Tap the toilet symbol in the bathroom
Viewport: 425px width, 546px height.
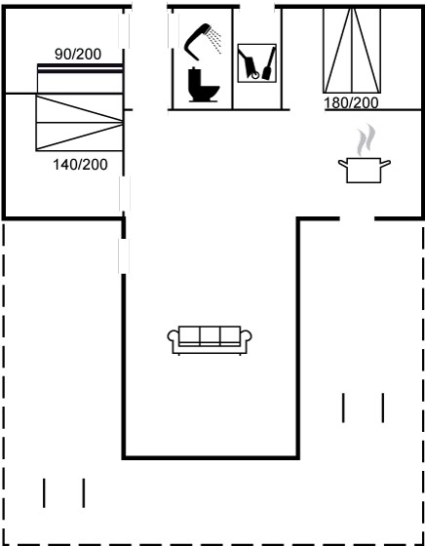[x=204, y=84]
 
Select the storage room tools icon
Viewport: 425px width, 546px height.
[x=257, y=63]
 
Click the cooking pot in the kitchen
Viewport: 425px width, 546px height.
[x=365, y=170]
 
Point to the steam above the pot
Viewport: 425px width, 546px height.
[x=366, y=139]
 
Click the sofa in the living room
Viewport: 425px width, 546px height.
[x=210, y=340]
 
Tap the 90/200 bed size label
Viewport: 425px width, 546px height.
[x=78, y=54]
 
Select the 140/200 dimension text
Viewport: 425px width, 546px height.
[x=80, y=165]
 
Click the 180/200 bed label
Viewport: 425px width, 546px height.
[x=351, y=103]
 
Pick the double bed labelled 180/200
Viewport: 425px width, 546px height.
[x=352, y=51]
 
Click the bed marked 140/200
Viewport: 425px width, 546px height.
[x=79, y=123]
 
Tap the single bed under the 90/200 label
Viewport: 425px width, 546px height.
[x=80, y=79]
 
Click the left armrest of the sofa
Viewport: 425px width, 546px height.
[x=173, y=336]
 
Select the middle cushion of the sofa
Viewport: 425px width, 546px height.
[x=210, y=335]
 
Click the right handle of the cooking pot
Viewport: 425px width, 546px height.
[x=385, y=163]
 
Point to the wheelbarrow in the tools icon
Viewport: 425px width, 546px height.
[x=249, y=64]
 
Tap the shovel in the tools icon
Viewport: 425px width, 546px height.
[x=269, y=63]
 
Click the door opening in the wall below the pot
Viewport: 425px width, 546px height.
[x=357, y=218]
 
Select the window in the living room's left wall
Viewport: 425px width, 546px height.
[x=124, y=255]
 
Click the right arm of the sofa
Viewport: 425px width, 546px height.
[x=247, y=336]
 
